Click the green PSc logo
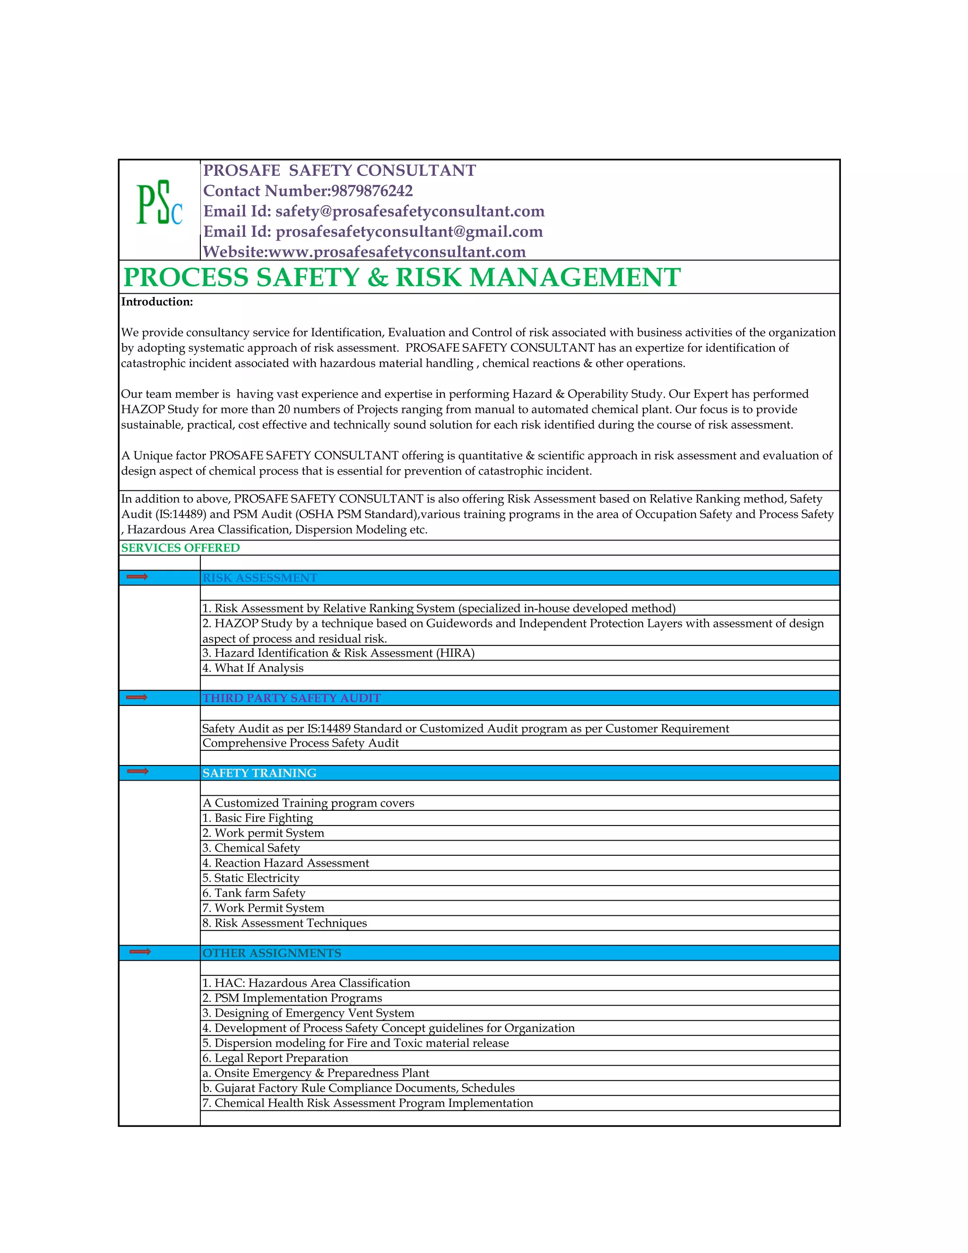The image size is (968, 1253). click(x=159, y=203)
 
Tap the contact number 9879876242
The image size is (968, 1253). click(x=371, y=191)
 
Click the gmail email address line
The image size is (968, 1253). click(x=373, y=231)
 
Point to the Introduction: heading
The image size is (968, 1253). click(x=157, y=302)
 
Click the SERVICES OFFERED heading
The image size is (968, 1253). click(x=180, y=548)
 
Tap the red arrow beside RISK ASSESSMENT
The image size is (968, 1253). click(x=137, y=576)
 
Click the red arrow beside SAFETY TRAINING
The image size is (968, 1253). click(x=138, y=771)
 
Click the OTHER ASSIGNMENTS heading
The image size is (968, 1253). click(x=271, y=953)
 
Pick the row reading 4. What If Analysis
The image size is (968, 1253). click(x=253, y=668)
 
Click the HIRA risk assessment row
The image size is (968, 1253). click(x=338, y=653)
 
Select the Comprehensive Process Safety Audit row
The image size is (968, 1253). click(x=301, y=743)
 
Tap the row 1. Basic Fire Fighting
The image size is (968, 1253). click(x=258, y=818)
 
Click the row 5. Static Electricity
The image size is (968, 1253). click(x=251, y=878)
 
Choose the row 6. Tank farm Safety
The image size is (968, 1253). click(x=253, y=893)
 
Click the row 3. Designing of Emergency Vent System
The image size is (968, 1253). click(x=308, y=1013)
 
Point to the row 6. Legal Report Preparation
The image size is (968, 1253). click(x=275, y=1058)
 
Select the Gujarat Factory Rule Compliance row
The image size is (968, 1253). click(x=358, y=1088)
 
